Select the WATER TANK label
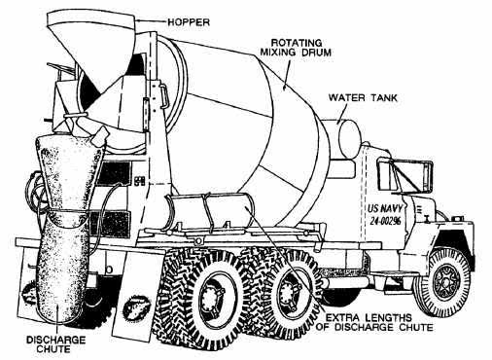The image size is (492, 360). [359, 97]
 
